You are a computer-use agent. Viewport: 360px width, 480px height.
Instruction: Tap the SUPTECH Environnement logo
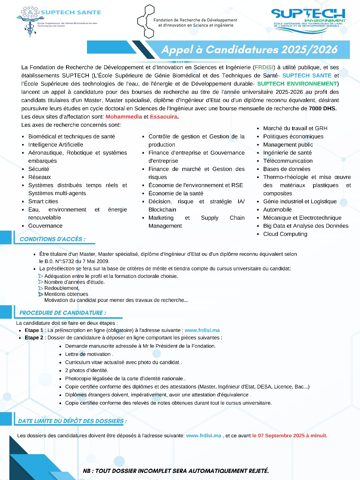[308, 18]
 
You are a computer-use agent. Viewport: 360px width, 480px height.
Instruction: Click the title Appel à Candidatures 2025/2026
[249, 49]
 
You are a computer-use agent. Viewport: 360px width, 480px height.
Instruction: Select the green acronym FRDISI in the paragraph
[264, 67]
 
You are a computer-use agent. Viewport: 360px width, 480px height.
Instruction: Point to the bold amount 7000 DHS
[322, 108]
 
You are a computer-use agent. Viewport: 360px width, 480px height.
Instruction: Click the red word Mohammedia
[124, 117]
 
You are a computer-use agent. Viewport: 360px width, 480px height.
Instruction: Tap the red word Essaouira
[163, 117]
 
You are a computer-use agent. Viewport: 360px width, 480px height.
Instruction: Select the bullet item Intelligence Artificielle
[55, 145]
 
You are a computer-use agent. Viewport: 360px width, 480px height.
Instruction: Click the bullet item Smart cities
[43, 201]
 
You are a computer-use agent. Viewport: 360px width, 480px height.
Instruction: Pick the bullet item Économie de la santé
[175, 193]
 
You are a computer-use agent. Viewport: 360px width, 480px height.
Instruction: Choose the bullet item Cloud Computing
[285, 234]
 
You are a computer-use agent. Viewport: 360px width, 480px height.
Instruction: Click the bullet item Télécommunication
[288, 161]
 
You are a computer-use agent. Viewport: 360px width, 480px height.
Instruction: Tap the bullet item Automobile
[277, 210]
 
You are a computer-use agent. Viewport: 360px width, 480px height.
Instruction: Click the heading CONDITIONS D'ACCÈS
[52, 239]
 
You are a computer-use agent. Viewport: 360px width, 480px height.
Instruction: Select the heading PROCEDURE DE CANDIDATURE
[63, 313]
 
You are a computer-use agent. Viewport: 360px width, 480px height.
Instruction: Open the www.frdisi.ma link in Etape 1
[202, 330]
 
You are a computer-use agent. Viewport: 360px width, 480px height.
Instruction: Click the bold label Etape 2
[34, 338]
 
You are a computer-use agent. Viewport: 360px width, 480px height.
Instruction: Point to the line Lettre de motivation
[88, 354]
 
